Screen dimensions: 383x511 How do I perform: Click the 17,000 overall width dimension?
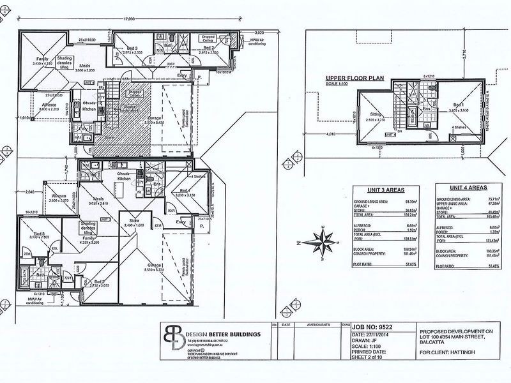tap(130, 20)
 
